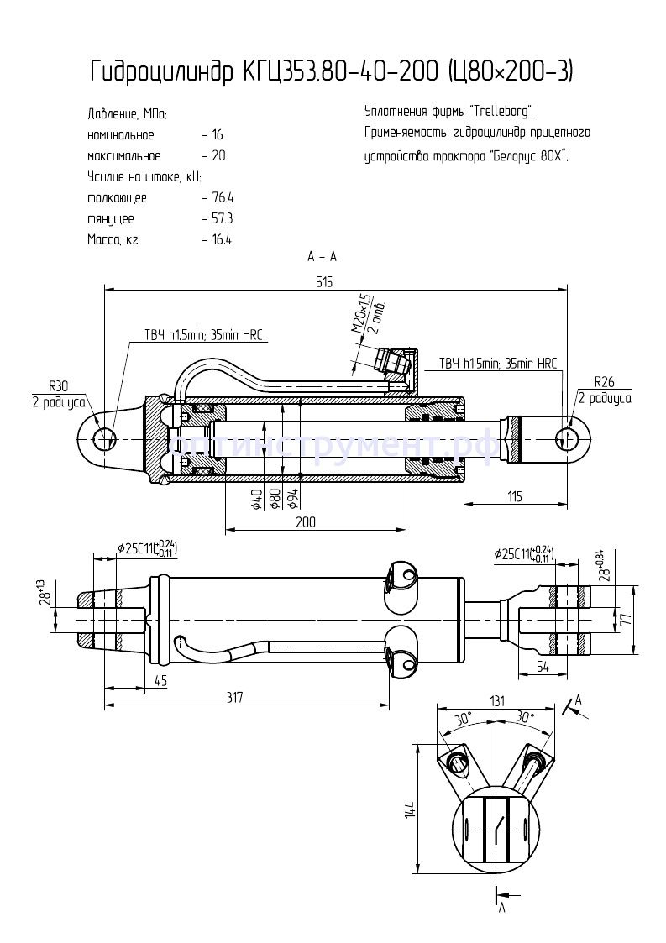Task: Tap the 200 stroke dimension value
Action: pyautogui.click(x=306, y=521)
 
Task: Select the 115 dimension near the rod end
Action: pyautogui.click(x=514, y=496)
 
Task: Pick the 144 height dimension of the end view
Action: pyautogui.click(x=411, y=810)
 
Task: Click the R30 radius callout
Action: pyautogui.click(x=58, y=386)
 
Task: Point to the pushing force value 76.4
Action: pyautogui.click(x=223, y=198)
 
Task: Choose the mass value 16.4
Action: pyautogui.click(x=222, y=239)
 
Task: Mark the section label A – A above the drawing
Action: pyautogui.click(x=323, y=256)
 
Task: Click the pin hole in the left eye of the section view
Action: pyautogui.click(x=105, y=438)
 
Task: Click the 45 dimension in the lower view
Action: pyautogui.click(x=160, y=681)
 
